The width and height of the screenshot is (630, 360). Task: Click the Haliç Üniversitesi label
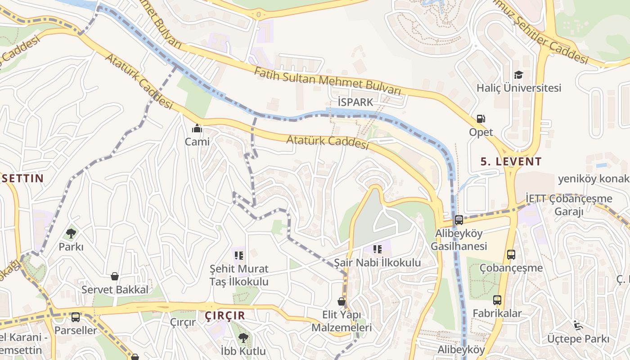coord(519,88)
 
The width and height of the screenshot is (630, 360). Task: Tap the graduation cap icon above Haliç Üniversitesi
coord(519,75)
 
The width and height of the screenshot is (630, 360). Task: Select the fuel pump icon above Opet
coord(481,119)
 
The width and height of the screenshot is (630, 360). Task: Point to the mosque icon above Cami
coord(197,129)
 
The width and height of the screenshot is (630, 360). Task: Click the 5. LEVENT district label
coord(511,161)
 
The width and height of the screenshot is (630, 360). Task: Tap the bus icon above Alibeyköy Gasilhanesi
coord(459,220)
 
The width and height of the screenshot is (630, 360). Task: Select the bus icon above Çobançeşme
coord(511,255)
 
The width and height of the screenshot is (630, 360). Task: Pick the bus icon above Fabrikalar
coord(497,300)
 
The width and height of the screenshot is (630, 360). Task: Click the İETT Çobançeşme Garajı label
coord(569,205)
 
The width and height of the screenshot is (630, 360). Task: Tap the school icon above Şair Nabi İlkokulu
coord(377,249)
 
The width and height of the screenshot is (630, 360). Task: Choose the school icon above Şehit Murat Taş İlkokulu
coord(239,256)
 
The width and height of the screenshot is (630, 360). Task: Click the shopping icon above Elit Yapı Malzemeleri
coord(342,301)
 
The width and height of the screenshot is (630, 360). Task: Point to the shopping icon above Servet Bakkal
coord(115,276)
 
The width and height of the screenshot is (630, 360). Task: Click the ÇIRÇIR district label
coord(225,315)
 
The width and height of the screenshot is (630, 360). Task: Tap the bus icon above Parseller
coord(76,317)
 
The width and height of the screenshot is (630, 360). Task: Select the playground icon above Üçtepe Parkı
coord(578,325)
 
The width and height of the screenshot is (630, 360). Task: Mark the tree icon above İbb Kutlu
coord(243,337)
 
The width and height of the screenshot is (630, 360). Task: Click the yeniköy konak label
coord(594,179)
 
